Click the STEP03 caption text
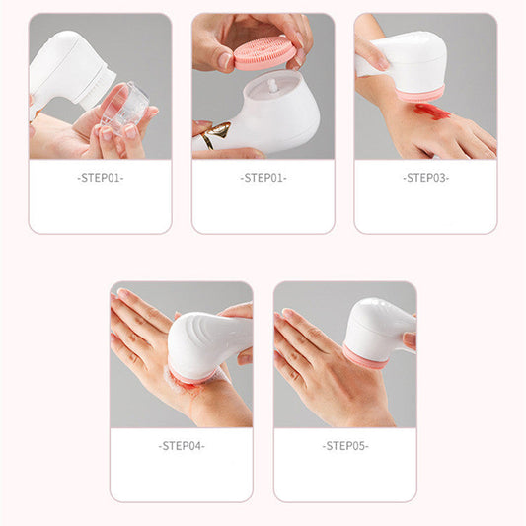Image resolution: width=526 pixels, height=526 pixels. (x=425, y=178)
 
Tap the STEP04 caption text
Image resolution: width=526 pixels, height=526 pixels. (x=181, y=446)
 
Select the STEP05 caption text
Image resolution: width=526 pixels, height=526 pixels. (x=344, y=446)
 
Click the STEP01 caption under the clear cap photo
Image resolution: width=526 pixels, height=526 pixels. (x=100, y=178)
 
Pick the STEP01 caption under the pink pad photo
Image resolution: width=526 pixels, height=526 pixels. (x=263, y=178)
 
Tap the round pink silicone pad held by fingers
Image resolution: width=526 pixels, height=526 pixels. (x=265, y=51)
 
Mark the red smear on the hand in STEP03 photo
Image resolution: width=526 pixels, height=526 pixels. (x=430, y=112)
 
